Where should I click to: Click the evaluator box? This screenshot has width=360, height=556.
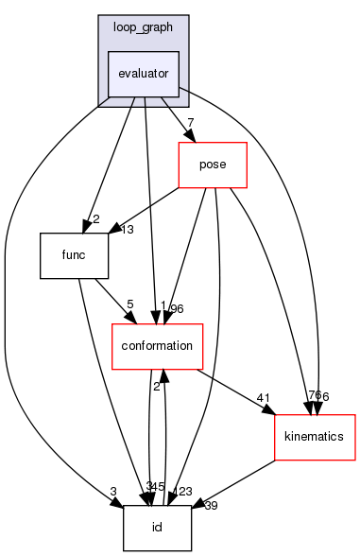(144, 73)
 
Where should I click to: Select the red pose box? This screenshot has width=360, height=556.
(214, 165)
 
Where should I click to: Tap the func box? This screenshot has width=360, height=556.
(75, 255)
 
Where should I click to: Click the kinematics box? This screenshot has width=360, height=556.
(314, 437)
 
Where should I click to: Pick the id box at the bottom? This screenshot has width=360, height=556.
(157, 528)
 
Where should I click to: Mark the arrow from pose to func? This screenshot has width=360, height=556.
(142, 210)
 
